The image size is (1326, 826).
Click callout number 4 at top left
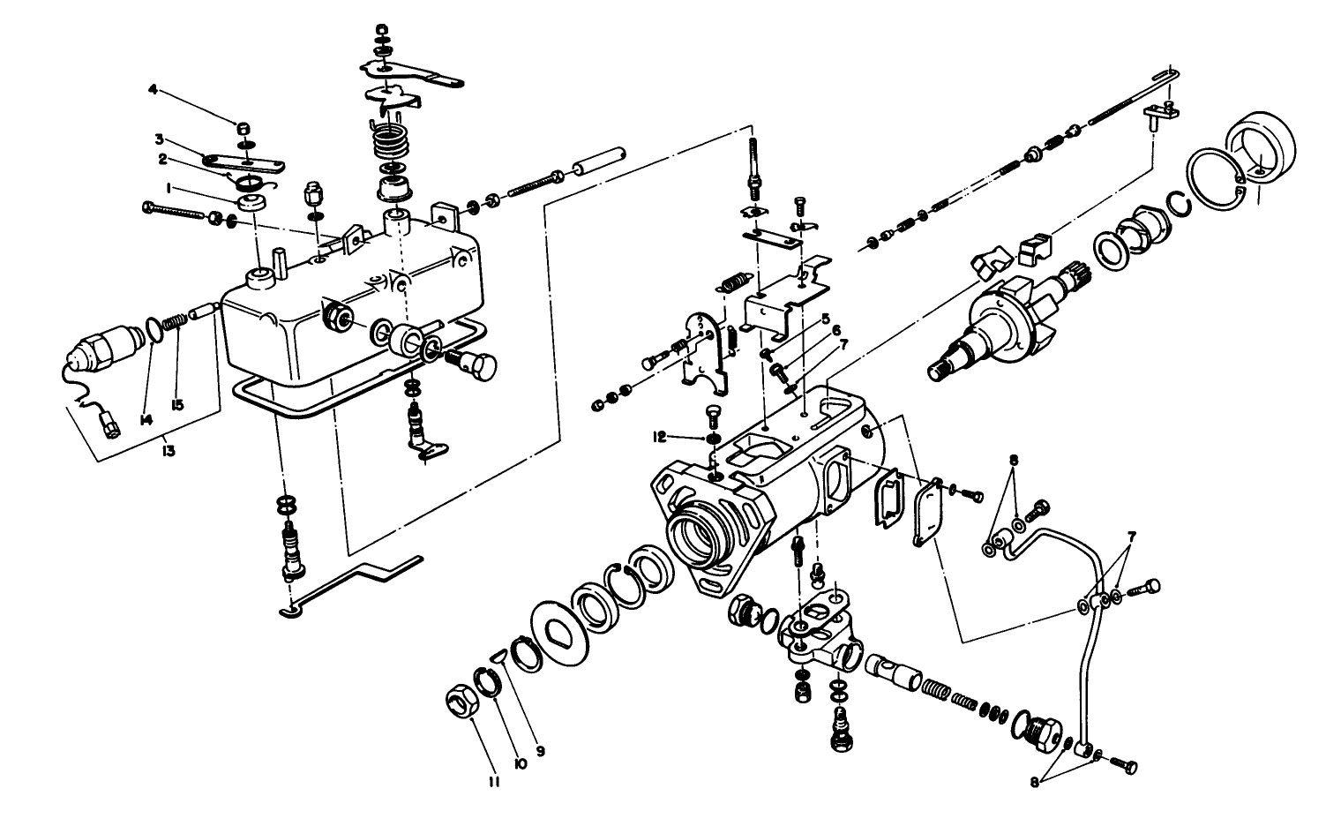click(x=153, y=89)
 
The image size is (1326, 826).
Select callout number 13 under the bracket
click(x=168, y=451)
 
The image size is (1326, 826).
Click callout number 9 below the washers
click(x=540, y=752)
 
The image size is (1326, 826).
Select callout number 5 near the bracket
click(x=826, y=319)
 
